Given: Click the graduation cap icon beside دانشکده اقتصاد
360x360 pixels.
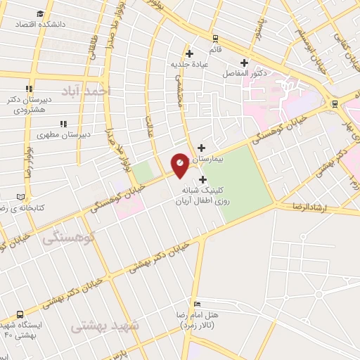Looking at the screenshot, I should pos(41,13).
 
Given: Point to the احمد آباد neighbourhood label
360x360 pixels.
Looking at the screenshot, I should pos(86,91).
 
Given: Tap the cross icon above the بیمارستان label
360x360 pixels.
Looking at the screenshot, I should pos(202,148).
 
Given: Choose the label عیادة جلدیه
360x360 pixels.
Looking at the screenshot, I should pos(190,65).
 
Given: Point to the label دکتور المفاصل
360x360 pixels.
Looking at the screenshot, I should pos(243,73).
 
